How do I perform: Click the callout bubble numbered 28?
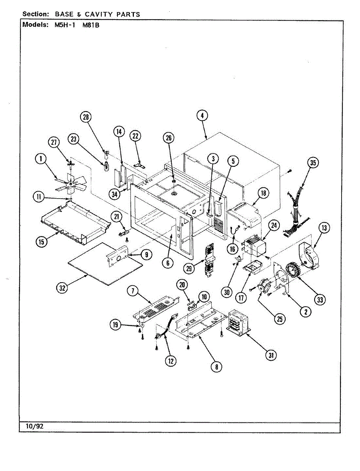pos(86,117)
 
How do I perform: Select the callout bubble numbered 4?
pos(202,115)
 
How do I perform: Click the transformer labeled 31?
pos(239,324)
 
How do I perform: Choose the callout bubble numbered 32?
pos(61,288)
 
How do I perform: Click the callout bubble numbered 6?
pos(168,263)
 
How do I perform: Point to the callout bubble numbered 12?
pos(170,361)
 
